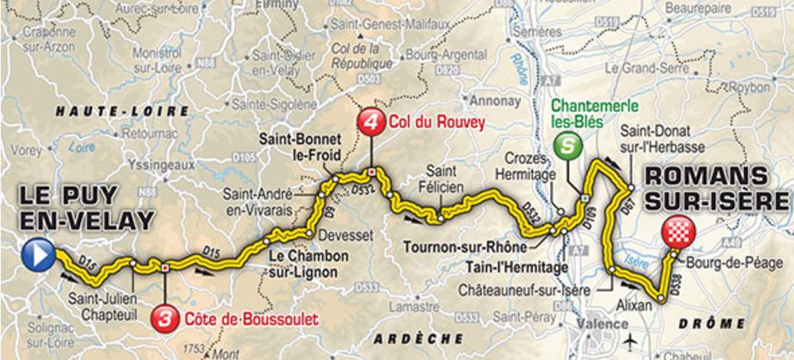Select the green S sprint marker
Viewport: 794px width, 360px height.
coord(566,146)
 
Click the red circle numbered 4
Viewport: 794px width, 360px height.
coord(370,121)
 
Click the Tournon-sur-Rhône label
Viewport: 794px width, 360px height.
coord(461,241)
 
